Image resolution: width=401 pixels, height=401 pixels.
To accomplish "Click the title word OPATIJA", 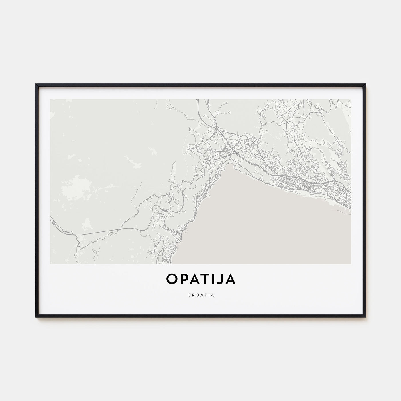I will point(200,280).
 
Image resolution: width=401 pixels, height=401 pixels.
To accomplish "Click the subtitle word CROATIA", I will point(200,294).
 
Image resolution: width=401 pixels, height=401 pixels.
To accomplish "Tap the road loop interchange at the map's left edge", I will point(53,221).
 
